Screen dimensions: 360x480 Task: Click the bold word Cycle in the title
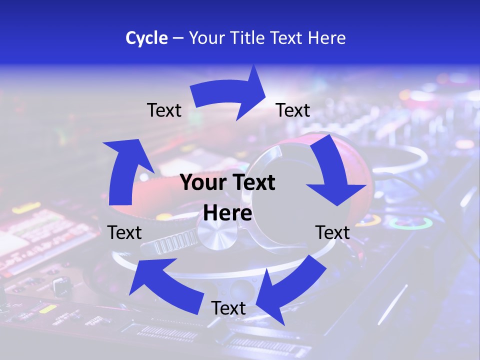[146, 38]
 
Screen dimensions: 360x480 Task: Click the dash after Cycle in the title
[177, 38]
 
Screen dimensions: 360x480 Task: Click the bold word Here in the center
[227, 213]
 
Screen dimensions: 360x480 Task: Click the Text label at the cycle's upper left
[164, 110]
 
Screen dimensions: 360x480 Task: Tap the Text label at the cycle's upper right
[293, 110]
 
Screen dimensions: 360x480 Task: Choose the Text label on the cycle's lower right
[332, 232]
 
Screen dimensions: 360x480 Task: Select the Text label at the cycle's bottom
[228, 308]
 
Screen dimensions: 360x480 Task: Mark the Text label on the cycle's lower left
[124, 232]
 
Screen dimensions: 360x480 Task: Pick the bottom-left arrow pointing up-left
[165, 280]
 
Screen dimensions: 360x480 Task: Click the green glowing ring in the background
[411, 223]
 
